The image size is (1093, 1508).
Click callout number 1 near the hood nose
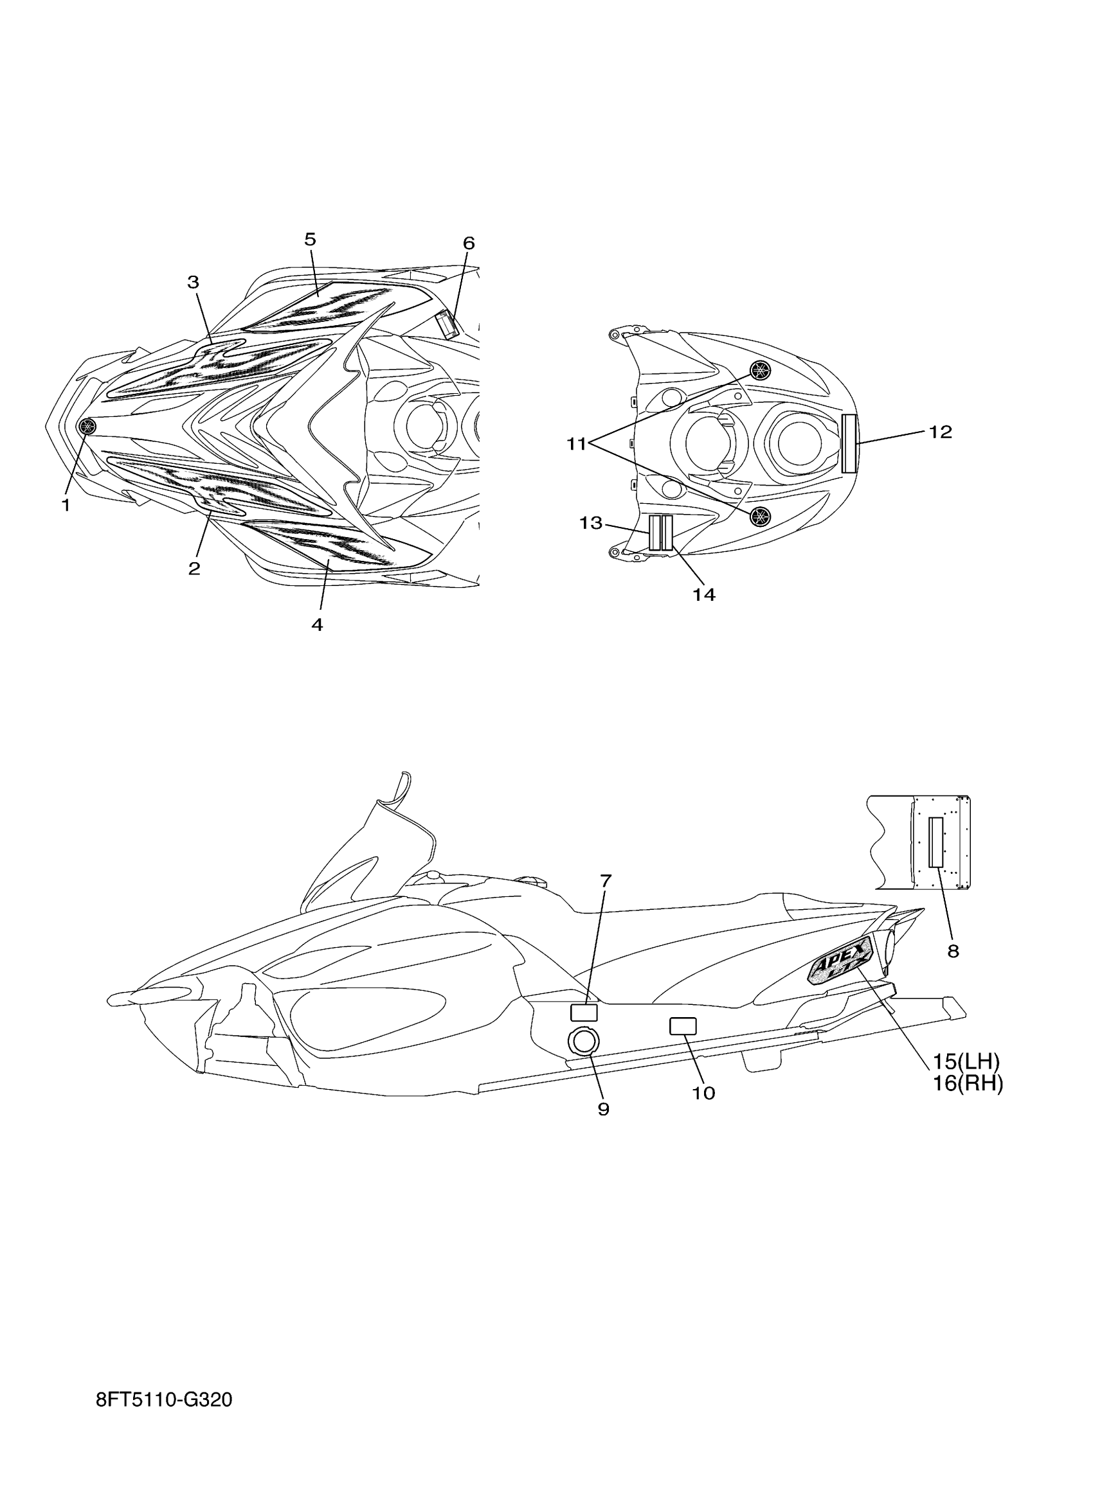click(x=66, y=505)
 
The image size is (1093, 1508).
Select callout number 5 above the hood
click(x=311, y=240)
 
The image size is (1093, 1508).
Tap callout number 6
click(x=469, y=244)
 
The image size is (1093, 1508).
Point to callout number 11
click(x=576, y=444)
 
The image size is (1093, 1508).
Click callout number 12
click(x=940, y=432)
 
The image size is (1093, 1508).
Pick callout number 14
click(x=704, y=594)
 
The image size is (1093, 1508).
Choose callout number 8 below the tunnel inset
click(x=953, y=952)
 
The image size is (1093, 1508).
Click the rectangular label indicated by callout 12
click(x=849, y=443)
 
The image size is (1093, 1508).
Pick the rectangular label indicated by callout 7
click(x=584, y=1013)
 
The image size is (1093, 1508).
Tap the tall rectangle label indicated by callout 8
click(x=936, y=842)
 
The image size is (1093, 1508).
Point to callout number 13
click(x=590, y=523)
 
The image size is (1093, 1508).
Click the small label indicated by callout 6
click(x=447, y=325)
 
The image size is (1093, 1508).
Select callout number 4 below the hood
click(x=318, y=625)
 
